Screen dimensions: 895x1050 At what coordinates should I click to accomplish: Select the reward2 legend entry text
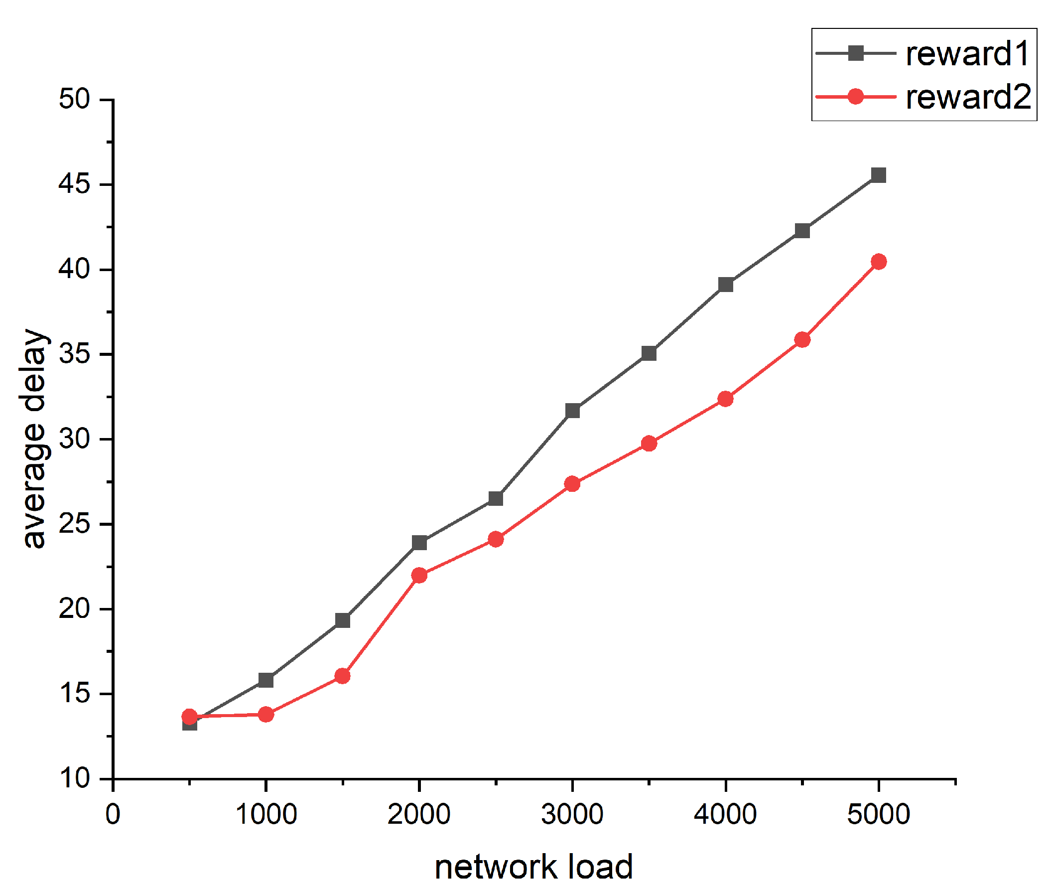click(968, 96)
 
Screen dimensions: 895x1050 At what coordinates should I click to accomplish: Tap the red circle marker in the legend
click(855, 96)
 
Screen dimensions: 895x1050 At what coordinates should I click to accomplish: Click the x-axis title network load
click(533, 867)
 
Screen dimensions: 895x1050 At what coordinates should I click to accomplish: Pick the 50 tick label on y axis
click(75, 99)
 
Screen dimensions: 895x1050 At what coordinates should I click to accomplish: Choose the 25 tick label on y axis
click(75, 524)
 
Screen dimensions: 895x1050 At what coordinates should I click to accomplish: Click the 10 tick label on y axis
click(75, 778)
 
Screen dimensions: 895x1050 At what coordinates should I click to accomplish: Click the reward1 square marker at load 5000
click(878, 175)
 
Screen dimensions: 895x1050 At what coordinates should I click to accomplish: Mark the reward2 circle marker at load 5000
click(879, 262)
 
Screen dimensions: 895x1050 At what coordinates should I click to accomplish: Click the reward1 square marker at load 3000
click(573, 411)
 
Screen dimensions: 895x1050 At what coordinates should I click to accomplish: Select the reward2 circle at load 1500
click(343, 676)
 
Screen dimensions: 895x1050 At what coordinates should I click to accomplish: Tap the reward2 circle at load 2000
click(419, 576)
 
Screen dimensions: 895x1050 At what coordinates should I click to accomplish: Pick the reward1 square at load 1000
click(266, 680)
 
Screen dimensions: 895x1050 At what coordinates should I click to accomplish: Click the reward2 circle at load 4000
click(726, 399)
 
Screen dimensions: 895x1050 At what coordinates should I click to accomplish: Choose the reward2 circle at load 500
click(189, 717)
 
